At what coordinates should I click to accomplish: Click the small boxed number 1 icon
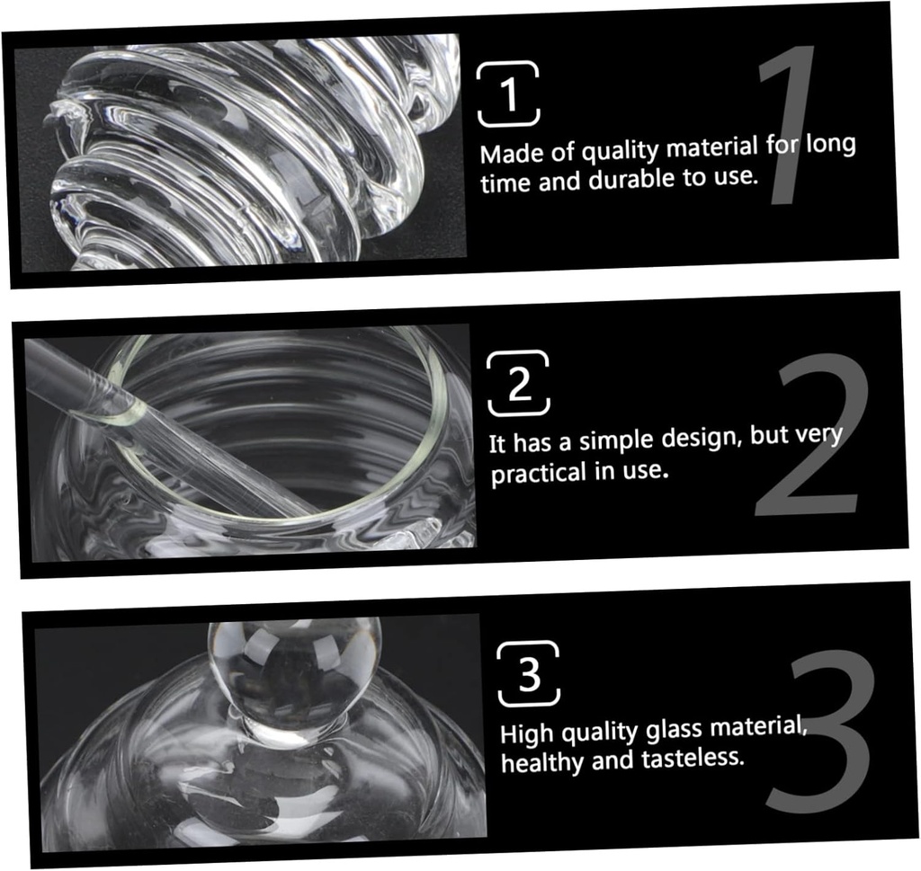coord(508,93)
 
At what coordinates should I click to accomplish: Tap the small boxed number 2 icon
coord(518,383)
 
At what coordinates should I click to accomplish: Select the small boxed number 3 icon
coord(529,673)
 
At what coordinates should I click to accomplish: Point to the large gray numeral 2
coord(812,434)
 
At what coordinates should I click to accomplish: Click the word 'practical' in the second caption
coord(539,473)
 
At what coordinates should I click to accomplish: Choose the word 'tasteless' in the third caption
coord(693,759)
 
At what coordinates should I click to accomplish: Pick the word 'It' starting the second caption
coord(496,444)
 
